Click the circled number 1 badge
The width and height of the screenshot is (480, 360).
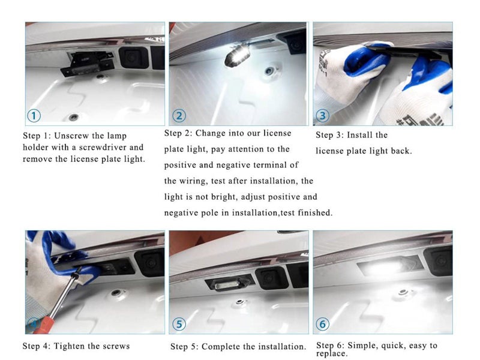point(34,116)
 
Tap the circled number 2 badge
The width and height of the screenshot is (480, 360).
point(179,116)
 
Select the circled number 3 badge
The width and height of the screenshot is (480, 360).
point(322,116)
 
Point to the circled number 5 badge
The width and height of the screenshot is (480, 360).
point(179,324)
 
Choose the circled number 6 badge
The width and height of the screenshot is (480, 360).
point(322,324)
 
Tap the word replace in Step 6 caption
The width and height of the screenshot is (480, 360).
point(332,353)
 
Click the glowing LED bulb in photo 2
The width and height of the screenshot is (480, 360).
point(236,56)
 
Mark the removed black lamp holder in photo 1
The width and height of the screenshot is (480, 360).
point(87,64)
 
